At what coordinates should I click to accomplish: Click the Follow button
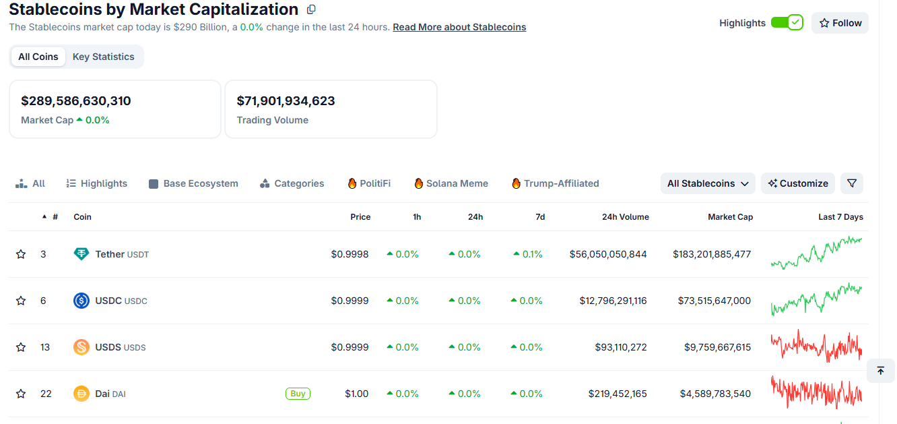(840, 23)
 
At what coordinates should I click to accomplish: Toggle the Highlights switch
(787, 22)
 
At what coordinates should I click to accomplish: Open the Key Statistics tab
(103, 57)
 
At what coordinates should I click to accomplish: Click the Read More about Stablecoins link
(459, 27)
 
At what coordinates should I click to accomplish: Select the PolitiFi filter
(369, 183)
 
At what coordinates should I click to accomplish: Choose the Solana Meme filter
(451, 183)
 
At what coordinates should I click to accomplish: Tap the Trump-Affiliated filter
(556, 183)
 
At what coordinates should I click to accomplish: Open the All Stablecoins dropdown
(708, 183)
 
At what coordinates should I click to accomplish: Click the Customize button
(798, 183)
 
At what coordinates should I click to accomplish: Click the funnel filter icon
(852, 183)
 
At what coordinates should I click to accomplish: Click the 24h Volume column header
(626, 217)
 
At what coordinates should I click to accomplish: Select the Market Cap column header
(731, 217)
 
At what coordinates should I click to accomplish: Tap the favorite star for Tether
(21, 254)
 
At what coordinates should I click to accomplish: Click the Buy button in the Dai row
(298, 394)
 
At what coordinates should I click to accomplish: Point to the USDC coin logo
(81, 301)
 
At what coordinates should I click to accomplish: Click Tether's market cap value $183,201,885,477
(712, 254)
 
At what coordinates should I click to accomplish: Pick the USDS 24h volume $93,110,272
(621, 347)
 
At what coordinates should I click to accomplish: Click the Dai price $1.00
(356, 394)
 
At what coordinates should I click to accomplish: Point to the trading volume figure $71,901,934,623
(286, 100)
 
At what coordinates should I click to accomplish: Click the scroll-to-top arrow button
(881, 371)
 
